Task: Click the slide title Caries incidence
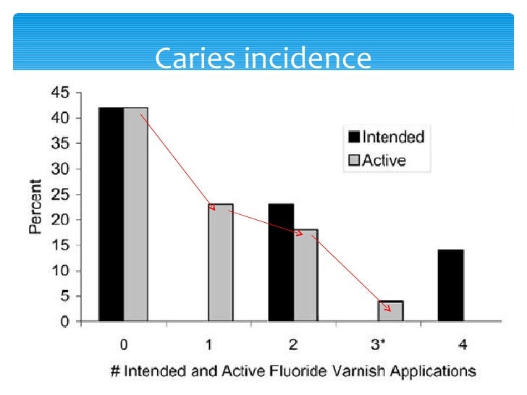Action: pos(263,58)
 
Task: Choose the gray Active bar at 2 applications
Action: pos(305,275)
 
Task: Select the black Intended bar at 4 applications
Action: pos(450,285)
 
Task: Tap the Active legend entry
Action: pos(377,160)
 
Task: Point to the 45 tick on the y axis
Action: pos(60,93)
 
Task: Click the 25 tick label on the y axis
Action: pos(60,195)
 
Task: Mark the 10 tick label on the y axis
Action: pos(60,271)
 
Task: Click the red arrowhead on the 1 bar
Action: pos(212,207)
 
